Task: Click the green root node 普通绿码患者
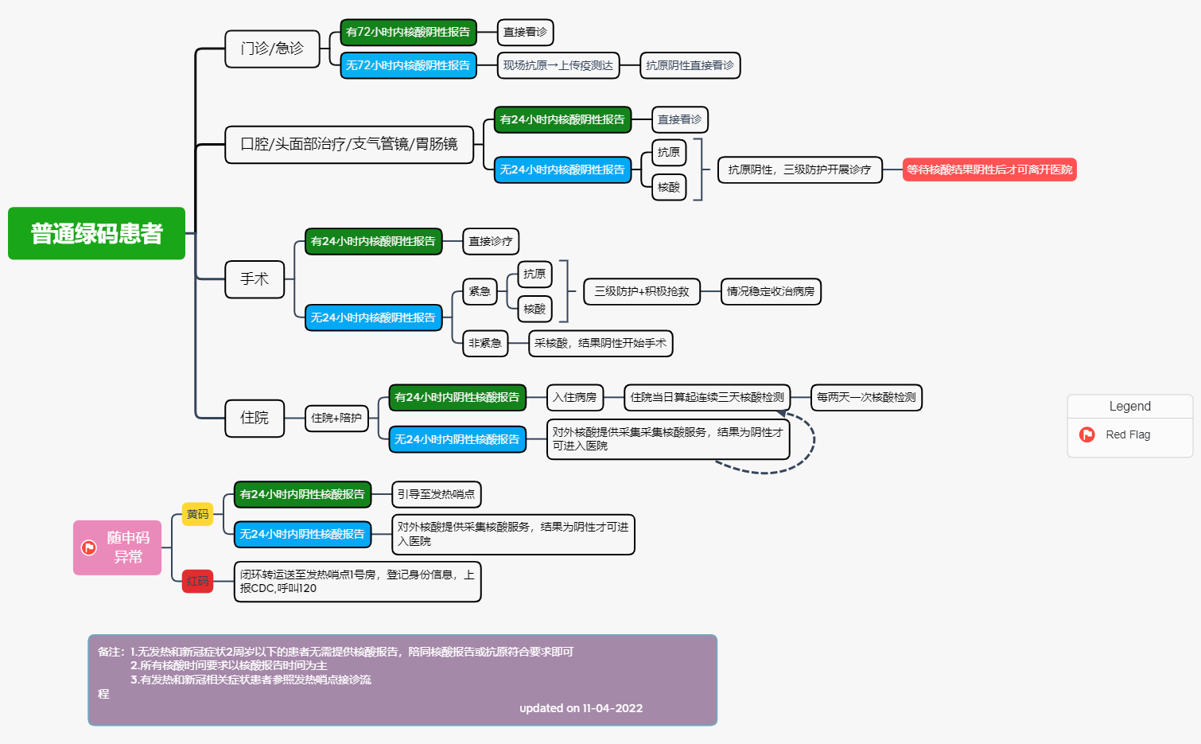pyautogui.click(x=96, y=233)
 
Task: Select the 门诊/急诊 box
pyautogui.click(x=272, y=49)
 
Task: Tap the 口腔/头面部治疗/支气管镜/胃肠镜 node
pyautogui.click(x=348, y=144)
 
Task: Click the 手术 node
pyautogui.click(x=255, y=279)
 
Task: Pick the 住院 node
pyautogui.click(x=255, y=418)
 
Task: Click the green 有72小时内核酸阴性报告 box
pyautogui.click(x=408, y=33)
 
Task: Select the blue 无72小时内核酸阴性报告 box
pyautogui.click(x=408, y=65)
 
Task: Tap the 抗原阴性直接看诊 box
pyautogui.click(x=690, y=65)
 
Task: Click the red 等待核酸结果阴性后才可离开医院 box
pyautogui.click(x=989, y=169)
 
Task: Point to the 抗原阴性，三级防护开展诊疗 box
pyautogui.click(x=799, y=169)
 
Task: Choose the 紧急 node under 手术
pyautogui.click(x=480, y=291)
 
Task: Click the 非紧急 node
pyautogui.click(x=484, y=343)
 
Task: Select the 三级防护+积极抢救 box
pyautogui.click(x=641, y=291)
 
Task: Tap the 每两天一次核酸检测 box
pyautogui.click(x=866, y=397)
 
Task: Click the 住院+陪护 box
pyautogui.click(x=336, y=418)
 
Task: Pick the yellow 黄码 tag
pyautogui.click(x=197, y=514)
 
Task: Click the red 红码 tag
pyautogui.click(x=197, y=581)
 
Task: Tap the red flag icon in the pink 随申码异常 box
pyautogui.click(x=89, y=547)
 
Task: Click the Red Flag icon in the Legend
pyautogui.click(x=1086, y=434)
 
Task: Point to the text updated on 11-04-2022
pyautogui.click(x=581, y=708)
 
